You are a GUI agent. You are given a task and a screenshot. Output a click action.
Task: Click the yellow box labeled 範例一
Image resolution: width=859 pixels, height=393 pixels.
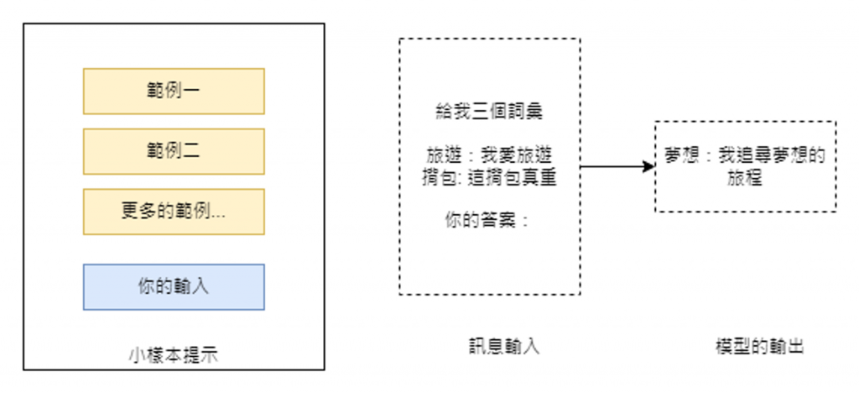(174, 91)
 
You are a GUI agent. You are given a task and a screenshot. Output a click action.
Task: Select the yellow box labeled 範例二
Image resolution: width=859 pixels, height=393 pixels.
(174, 151)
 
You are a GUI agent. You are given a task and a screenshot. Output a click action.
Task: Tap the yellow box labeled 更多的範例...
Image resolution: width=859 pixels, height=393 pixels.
(174, 212)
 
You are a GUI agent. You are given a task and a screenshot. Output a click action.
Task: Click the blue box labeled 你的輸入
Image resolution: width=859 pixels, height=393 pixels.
(174, 286)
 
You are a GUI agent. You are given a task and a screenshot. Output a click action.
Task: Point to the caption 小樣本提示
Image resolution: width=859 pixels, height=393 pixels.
(174, 354)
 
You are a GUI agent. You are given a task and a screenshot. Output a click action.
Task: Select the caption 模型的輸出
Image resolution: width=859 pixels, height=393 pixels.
(746, 346)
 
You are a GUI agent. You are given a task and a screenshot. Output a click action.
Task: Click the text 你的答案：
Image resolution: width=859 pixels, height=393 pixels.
(487, 222)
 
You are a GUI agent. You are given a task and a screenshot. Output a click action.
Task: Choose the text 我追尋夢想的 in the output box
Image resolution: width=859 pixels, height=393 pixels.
(772, 156)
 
